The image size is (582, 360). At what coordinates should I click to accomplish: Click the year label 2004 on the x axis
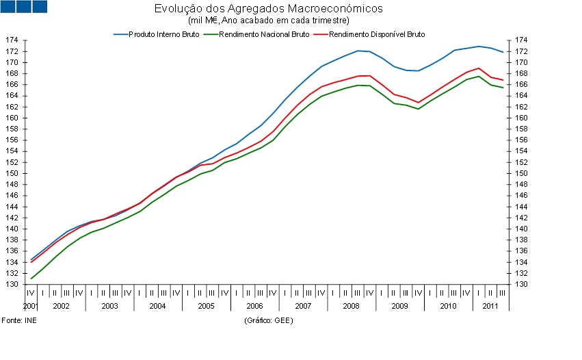tap(157, 306)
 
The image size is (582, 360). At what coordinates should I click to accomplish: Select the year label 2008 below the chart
tap(351, 306)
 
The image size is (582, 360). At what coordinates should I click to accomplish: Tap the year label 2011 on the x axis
tap(489, 306)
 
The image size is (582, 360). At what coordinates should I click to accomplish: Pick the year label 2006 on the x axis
tap(254, 306)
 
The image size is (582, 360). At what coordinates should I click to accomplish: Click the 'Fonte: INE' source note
tap(19, 320)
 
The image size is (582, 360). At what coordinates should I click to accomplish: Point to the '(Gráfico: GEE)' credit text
tap(268, 320)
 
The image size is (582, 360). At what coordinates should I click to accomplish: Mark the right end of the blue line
tap(503, 53)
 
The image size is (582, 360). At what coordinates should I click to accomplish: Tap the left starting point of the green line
tap(31, 279)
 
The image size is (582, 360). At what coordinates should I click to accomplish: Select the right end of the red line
tap(503, 81)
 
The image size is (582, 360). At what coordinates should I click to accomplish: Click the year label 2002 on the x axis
tap(61, 306)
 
